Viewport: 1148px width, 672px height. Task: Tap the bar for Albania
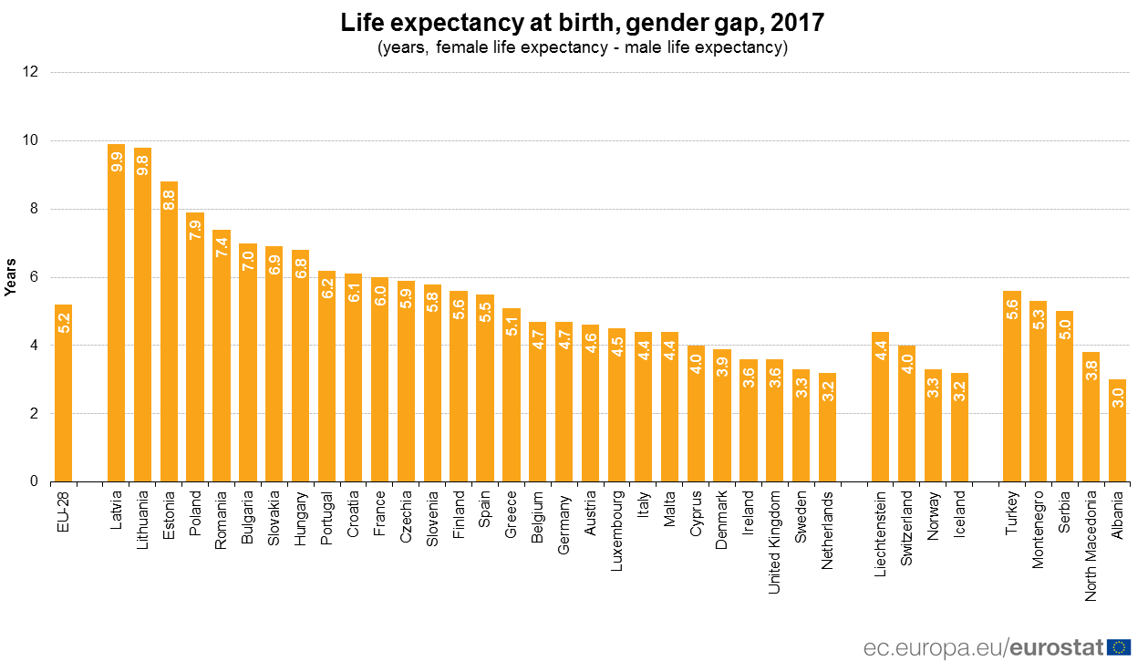1117,430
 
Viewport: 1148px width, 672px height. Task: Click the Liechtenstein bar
880,407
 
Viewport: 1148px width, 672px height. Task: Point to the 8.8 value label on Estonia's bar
169,201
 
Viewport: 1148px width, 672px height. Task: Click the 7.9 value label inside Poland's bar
195,231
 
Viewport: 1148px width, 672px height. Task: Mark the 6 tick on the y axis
34,277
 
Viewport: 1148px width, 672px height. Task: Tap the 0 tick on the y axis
34,481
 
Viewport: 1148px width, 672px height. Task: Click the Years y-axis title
10,276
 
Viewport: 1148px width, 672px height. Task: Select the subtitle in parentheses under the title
583,47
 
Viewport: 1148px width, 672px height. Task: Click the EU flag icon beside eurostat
1119,647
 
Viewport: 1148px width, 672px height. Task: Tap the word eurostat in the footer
1057,648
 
